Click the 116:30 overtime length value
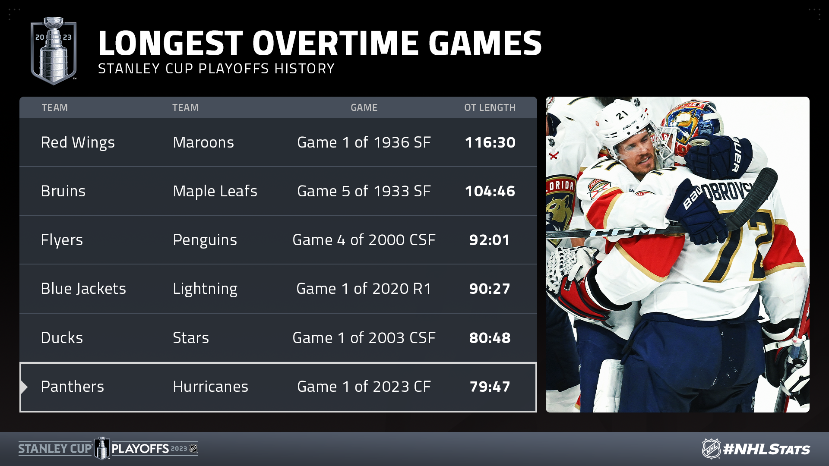pos(490,142)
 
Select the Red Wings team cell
pos(78,143)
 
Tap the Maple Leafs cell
pos(215,192)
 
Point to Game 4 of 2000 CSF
pos(364,240)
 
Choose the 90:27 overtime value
pos(490,289)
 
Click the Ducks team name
pos(62,338)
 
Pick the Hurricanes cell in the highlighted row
pos(211,387)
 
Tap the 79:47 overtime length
pos(490,387)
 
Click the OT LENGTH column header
pos(490,107)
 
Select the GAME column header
pos(364,107)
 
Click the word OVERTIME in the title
pos(335,43)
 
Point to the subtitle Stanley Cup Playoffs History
pos(216,69)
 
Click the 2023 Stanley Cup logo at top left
pos(54,50)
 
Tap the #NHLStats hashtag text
pos(766,449)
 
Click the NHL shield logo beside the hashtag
pos(711,449)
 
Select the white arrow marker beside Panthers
pos(24,387)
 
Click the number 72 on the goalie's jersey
pos(738,246)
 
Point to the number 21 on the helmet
pos(622,115)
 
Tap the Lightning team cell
pos(205,289)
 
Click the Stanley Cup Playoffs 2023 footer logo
pos(108,449)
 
